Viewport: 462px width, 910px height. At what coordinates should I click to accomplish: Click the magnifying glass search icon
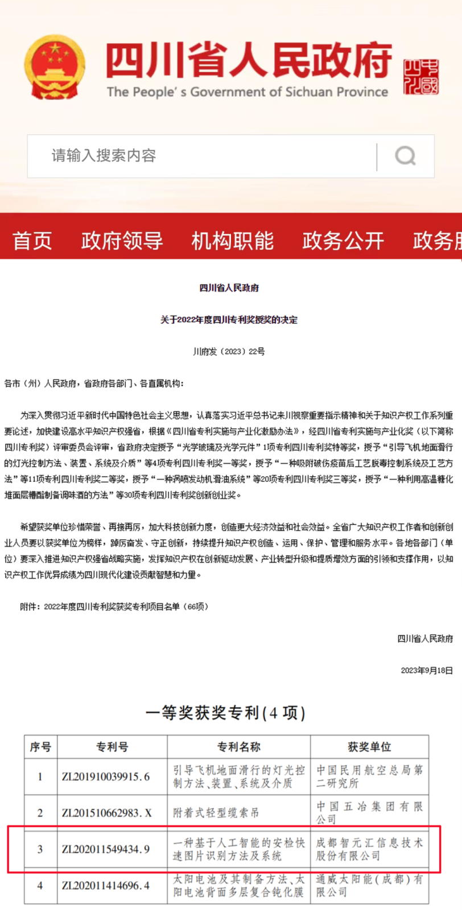405,156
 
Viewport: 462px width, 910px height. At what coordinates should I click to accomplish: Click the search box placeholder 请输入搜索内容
104,155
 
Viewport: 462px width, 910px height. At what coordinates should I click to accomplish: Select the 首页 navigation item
32,241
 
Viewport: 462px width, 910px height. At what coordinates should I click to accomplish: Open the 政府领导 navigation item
122,241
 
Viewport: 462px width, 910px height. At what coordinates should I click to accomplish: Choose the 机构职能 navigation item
232,241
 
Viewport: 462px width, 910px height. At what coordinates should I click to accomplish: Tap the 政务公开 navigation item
343,241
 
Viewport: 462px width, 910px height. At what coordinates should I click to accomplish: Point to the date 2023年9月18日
427,671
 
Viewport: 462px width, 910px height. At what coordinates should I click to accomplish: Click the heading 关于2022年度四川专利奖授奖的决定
229,320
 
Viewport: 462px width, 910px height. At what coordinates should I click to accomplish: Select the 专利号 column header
112,747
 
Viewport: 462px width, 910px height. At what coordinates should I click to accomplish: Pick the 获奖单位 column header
369,747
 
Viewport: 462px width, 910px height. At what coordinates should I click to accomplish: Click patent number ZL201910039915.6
106,777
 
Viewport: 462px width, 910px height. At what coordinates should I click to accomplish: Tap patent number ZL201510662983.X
107,813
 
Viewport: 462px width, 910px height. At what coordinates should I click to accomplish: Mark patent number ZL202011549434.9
106,849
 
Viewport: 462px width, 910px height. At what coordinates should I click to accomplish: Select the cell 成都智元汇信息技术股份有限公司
369,849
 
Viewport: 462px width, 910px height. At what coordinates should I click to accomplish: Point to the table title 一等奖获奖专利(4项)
226,713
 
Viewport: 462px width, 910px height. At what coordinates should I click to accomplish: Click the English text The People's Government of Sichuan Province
247,92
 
